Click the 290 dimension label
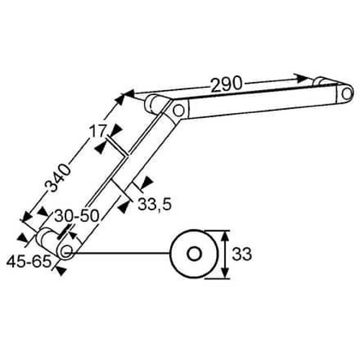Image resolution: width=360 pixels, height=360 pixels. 226,84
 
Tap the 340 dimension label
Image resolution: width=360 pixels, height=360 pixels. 58,178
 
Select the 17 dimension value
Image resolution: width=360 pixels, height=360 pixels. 97,131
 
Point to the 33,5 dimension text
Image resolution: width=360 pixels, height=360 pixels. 155,204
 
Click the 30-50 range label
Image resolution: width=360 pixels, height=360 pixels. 76,215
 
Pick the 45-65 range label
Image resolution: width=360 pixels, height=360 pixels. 29,261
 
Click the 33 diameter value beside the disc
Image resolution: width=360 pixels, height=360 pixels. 242,254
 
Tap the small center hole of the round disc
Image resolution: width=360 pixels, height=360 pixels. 194,254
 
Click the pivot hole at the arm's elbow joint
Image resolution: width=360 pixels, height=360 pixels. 178,110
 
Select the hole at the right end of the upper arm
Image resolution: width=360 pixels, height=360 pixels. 346,94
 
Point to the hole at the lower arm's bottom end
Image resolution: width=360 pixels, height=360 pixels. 66,251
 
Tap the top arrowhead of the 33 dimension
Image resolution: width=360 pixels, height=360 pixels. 225,237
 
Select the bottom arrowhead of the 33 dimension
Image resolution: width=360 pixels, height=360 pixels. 225,272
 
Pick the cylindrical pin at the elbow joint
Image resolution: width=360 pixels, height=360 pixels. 156,104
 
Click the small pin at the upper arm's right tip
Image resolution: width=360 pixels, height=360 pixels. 321,81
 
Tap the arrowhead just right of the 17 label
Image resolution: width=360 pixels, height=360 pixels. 116,130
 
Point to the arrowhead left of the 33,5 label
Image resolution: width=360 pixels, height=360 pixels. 123,207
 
